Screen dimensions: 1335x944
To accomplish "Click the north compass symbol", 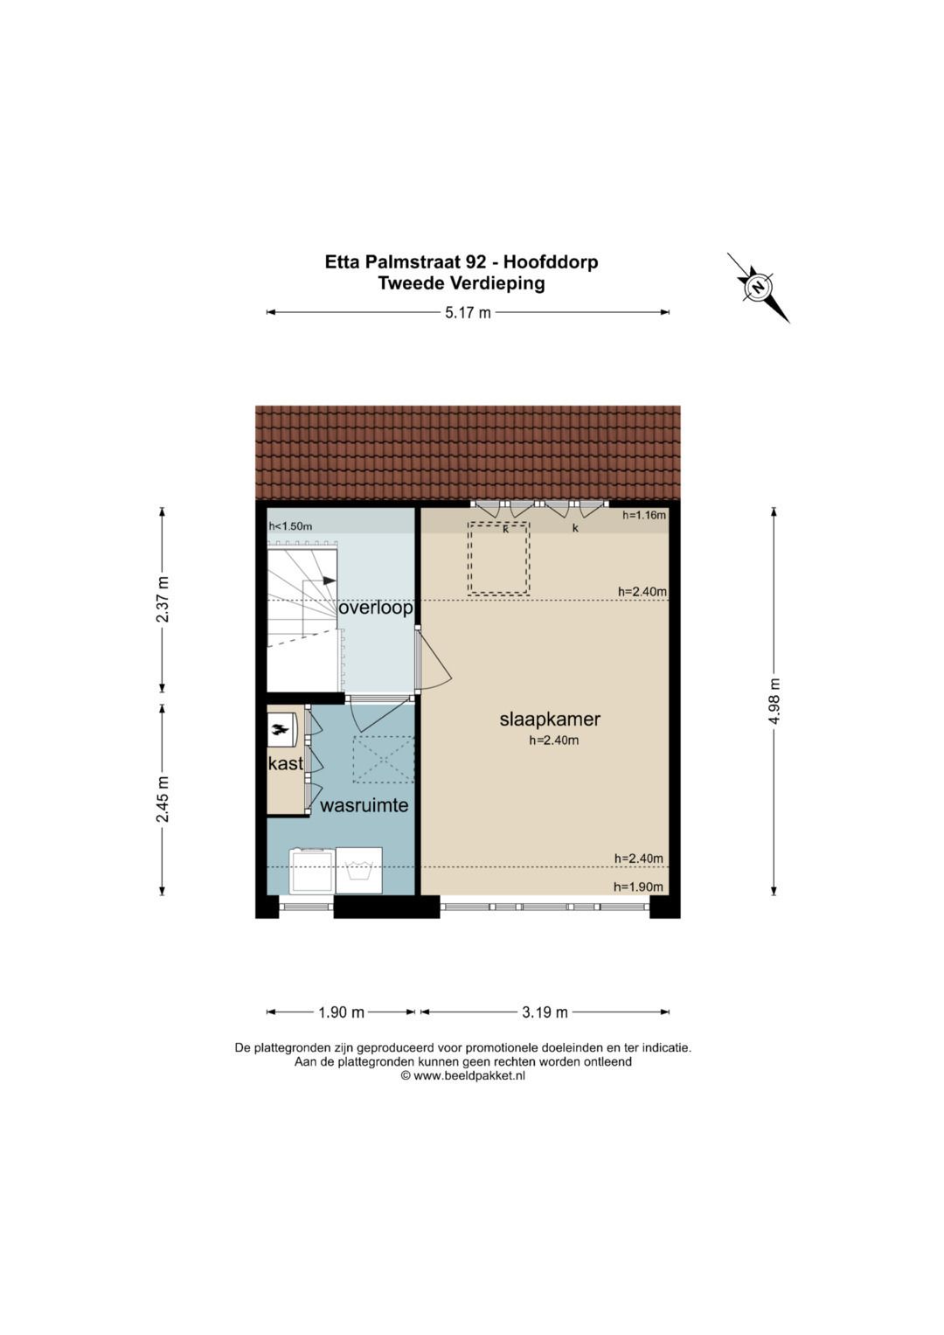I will coord(757,287).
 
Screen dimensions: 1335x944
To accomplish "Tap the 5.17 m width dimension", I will coord(468,312).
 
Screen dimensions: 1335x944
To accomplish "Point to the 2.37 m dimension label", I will coord(163,599).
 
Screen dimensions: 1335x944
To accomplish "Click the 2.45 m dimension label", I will coord(163,798).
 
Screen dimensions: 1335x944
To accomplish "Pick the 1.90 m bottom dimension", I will coord(341,1012).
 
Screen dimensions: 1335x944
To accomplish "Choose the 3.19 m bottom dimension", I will coord(545,1012).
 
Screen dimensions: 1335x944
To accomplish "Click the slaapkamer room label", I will coord(550,720).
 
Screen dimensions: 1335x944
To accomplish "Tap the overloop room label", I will coord(376,608).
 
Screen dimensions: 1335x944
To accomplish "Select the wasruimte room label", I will coord(364,805).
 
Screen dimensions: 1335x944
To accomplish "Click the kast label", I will coord(286,763).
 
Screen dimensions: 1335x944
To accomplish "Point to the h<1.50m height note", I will coord(290,526).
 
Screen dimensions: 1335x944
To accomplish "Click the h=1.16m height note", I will coord(644,515).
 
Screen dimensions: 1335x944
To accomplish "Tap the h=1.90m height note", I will coord(638,887).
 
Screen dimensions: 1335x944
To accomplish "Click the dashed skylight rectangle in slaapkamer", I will coord(498,559).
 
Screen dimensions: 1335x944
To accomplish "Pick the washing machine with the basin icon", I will coord(358,870).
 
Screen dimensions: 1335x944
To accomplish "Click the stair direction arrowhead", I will coord(329,581).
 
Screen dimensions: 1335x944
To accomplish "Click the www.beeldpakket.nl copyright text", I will coord(462,1076).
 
